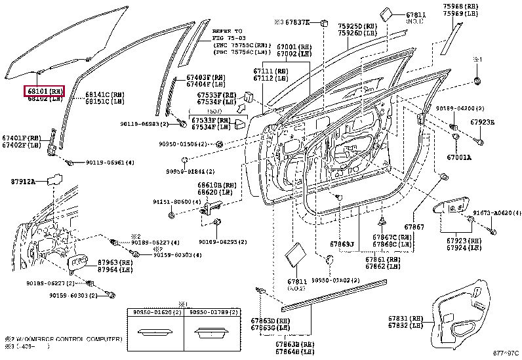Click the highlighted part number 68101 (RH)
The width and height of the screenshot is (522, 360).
(45, 91)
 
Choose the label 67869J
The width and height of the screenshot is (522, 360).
(342, 244)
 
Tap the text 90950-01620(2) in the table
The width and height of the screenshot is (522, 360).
(153, 313)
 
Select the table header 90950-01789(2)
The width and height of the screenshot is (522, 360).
(211, 313)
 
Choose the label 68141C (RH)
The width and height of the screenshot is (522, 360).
(104, 94)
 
